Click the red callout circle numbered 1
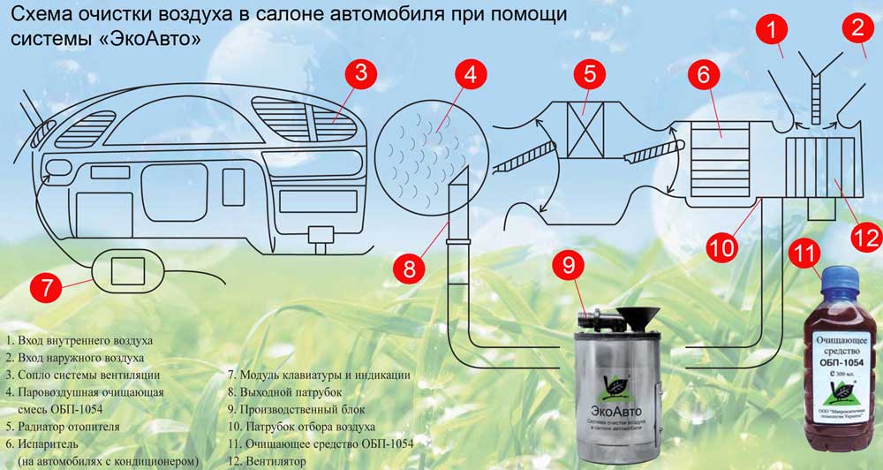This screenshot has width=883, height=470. [772, 29]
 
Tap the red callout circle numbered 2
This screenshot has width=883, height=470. [857, 29]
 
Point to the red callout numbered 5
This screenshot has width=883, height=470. [591, 75]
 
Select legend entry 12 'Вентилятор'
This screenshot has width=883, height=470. [266, 461]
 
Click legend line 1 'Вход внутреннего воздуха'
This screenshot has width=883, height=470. [79, 341]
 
